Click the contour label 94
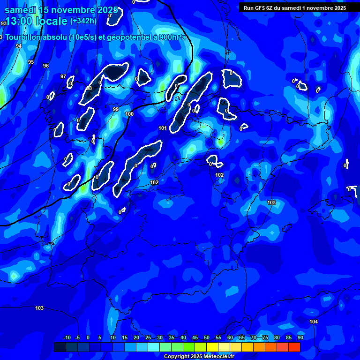[19, 46]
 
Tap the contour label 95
[31, 62]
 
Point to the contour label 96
[45, 66]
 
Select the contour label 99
[116, 109]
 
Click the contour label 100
[129, 114]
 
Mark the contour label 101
[163, 128]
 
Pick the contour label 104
[314, 321]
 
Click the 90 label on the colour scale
[300, 337]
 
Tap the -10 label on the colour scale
[67, 337]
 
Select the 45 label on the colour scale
[195, 337]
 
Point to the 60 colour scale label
[230, 337]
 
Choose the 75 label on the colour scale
[265, 337]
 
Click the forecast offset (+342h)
[83, 21]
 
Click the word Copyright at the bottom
[177, 357]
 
